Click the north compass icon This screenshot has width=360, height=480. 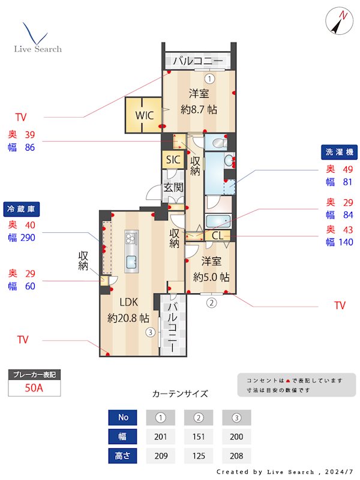coord(340,22)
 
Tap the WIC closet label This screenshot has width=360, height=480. coord(144,115)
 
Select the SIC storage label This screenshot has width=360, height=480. coord(173,160)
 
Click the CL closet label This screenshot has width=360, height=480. coord(217,236)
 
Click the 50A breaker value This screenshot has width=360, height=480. coord(34,388)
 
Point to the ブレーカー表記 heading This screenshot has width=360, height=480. coord(34,374)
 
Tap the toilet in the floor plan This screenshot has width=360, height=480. coord(217,143)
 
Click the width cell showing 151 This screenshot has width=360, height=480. coord(199,436)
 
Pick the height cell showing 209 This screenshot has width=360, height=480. coord(161,455)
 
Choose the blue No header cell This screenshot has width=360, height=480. coord(123,417)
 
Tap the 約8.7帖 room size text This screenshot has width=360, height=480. coord(199,110)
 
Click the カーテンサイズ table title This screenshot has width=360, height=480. coord(180,394)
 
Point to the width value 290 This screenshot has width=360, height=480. coord(28,238)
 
